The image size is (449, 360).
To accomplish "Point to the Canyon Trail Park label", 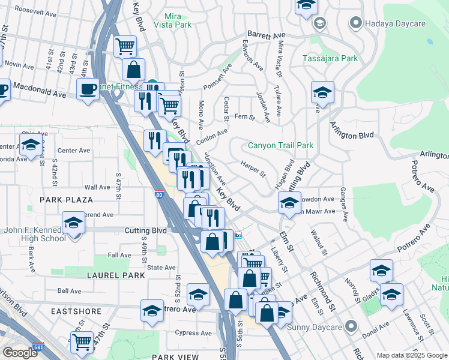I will [x=281, y=146].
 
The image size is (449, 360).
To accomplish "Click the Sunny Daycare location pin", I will [x=352, y=327].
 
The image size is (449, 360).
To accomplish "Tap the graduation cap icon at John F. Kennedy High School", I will [x=74, y=223].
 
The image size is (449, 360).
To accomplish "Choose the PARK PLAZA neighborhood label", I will [x=66, y=199].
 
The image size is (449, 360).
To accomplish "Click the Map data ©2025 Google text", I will [x=411, y=355].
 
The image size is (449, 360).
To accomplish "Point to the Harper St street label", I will [x=252, y=169].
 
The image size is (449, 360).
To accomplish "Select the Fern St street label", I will [x=241, y=116].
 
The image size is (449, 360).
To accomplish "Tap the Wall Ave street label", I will [x=97, y=187].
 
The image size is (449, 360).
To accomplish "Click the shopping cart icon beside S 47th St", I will [x=82, y=341].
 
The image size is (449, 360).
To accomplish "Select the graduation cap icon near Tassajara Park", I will [x=322, y=93].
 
